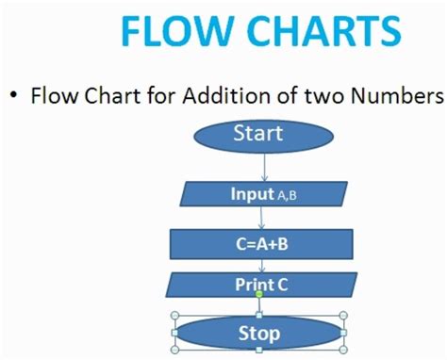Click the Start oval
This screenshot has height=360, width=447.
click(258, 134)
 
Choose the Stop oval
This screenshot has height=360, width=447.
click(258, 334)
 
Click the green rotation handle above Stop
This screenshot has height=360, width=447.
click(259, 293)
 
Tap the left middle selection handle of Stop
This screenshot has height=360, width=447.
click(174, 333)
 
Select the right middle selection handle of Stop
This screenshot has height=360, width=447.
click(344, 333)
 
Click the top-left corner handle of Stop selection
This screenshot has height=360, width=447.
click(174, 315)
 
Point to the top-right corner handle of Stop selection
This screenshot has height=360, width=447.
click(344, 315)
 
